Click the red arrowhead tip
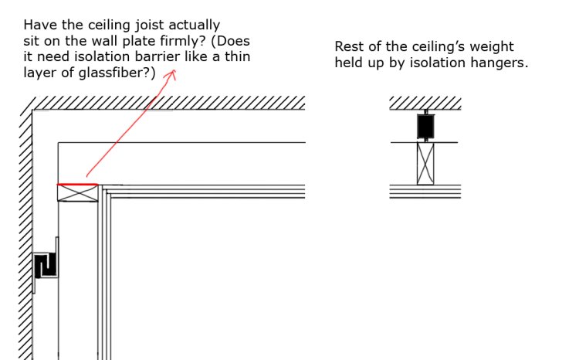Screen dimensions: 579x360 coord(173,70)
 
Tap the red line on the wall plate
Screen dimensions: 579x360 coord(77,184)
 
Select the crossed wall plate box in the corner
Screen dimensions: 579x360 coord(78,193)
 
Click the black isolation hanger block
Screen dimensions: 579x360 coord(425,127)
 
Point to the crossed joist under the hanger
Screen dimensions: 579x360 coord(425,164)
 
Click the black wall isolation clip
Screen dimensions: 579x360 coord(46,266)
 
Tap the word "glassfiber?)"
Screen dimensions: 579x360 coord(117,73)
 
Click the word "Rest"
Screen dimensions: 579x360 coord(348,46)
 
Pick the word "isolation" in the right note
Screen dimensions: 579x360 coord(438,63)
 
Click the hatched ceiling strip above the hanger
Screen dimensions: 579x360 coord(425,103)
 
